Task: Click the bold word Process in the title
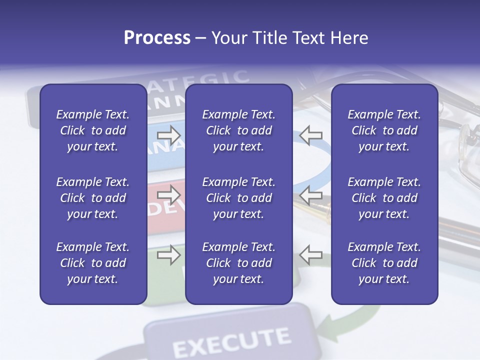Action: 157,38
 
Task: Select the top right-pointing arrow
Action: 169,134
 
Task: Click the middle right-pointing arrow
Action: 169,195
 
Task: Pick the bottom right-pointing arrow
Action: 169,255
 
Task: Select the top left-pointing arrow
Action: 310,134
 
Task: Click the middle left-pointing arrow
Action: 310,195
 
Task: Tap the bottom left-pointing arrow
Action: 310,255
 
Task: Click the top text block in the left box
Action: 93,130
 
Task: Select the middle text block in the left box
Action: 93,198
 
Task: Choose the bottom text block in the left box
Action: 93,263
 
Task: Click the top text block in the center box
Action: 238,130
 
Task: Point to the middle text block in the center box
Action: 238,198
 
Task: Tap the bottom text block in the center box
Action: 238,263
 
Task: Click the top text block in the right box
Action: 384,130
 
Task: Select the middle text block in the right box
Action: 384,198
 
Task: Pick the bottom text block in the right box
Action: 384,263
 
